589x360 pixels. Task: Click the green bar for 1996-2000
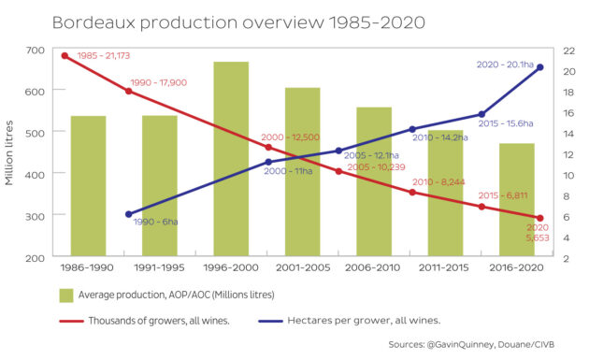pos(231,159)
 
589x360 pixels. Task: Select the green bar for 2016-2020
pos(517,199)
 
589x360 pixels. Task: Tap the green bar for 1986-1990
pos(88,186)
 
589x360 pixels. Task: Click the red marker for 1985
pos(65,56)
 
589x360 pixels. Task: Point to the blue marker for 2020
pos(540,67)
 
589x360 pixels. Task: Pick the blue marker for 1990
pos(128,214)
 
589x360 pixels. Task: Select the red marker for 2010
pos(412,193)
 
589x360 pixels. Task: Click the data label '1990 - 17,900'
pos(159,82)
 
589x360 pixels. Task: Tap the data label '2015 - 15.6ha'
pos(506,123)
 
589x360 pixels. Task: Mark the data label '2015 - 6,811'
pos(503,195)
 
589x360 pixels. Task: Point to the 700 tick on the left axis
pos(35,50)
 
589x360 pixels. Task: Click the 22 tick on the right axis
pos(568,50)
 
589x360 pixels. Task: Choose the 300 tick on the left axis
pos(35,216)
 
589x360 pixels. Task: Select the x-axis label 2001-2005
pos(303,267)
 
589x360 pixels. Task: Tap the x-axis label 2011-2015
pos(444,267)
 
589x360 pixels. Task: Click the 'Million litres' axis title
pos(9,153)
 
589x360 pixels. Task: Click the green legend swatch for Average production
pos(66,295)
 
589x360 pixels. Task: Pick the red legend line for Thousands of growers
pos(71,322)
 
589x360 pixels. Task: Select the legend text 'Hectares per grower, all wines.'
pos(364,321)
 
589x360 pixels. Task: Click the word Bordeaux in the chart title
pos(93,22)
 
